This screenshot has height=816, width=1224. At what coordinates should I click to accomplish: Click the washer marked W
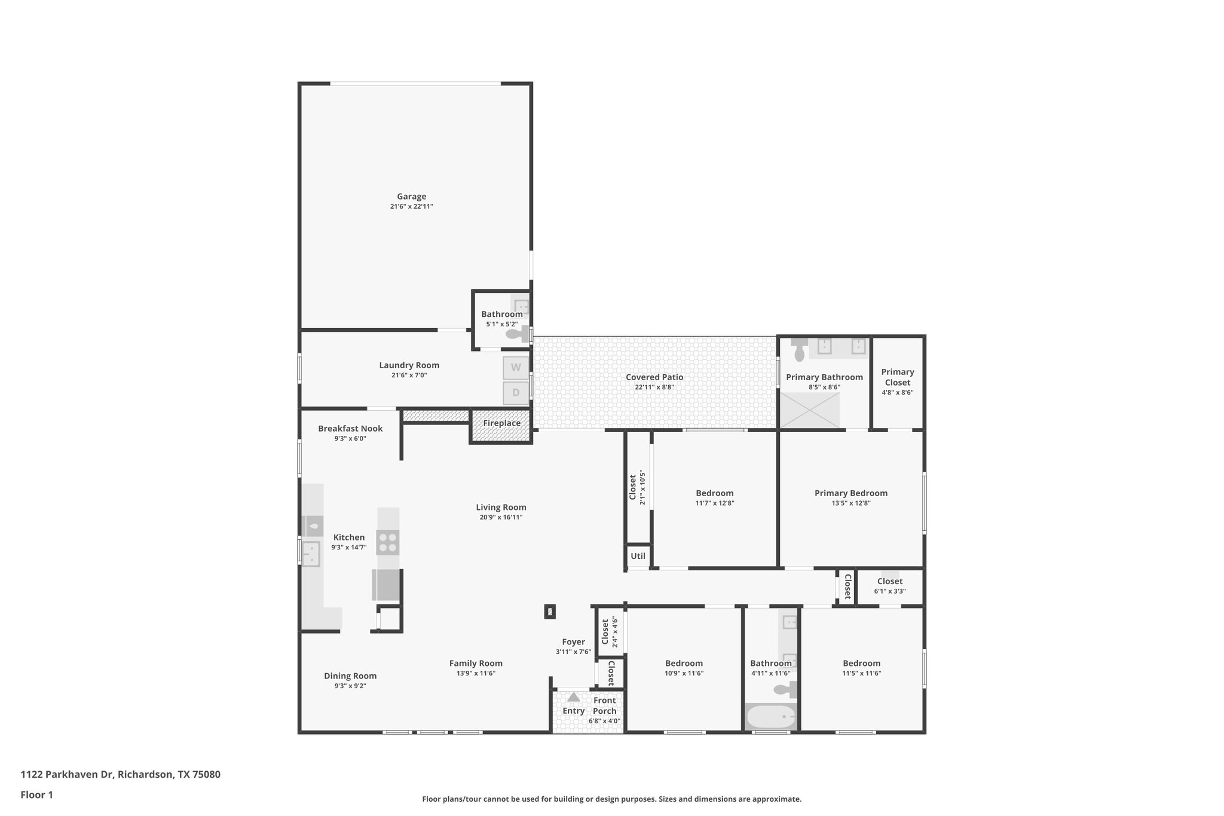pos(515,368)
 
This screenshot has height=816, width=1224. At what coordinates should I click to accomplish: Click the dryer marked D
pos(515,393)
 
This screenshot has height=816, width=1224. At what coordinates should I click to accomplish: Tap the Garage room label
pos(411,197)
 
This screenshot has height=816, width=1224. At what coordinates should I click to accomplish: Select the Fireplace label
pos(501,423)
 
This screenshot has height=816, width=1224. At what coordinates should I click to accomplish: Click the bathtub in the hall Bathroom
pos(771,716)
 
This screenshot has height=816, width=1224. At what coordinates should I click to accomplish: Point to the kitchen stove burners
pos(388,542)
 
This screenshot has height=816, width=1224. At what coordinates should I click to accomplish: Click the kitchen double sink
pos(311,554)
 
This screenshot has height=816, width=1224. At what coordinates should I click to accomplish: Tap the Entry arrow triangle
pos(573,697)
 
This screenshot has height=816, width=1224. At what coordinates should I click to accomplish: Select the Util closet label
pos(638,556)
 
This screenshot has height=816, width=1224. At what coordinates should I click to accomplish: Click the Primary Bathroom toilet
pos(800,351)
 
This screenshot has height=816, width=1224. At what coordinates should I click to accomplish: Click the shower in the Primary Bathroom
pos(810,410)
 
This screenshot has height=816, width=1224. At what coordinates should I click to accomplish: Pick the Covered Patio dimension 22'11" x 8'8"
pos(654,387)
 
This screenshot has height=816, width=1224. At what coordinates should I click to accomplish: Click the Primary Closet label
pos(897,377)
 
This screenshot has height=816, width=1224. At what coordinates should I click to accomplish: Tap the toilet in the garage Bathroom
pos(518,334)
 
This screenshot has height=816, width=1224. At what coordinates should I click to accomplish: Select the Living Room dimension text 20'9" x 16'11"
pos(501,518)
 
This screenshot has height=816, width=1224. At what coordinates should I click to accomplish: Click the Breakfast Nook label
pos(350,429)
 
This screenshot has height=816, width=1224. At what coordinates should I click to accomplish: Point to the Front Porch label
pos(604,705)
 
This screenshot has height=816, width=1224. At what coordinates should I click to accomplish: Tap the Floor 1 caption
pos(37,795)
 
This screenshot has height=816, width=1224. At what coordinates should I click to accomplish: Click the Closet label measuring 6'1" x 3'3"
pos(889,581)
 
